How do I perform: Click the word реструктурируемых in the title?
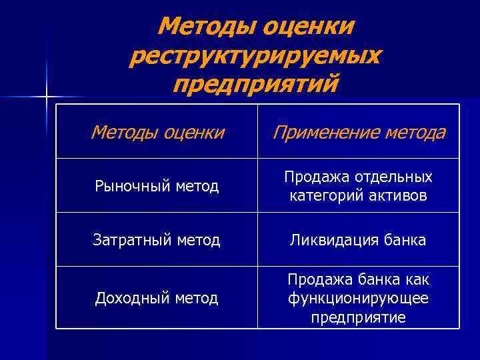point(255,56)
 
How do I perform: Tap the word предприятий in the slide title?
point(255,85)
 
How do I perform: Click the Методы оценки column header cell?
point(157,132)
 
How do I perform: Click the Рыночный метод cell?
point(157,186)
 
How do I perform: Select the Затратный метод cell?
point(157,240)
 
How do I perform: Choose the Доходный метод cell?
point(157,298)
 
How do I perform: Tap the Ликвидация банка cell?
point(359,240)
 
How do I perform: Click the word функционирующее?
point(359,298)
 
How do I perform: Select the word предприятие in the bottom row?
point(359,317)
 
